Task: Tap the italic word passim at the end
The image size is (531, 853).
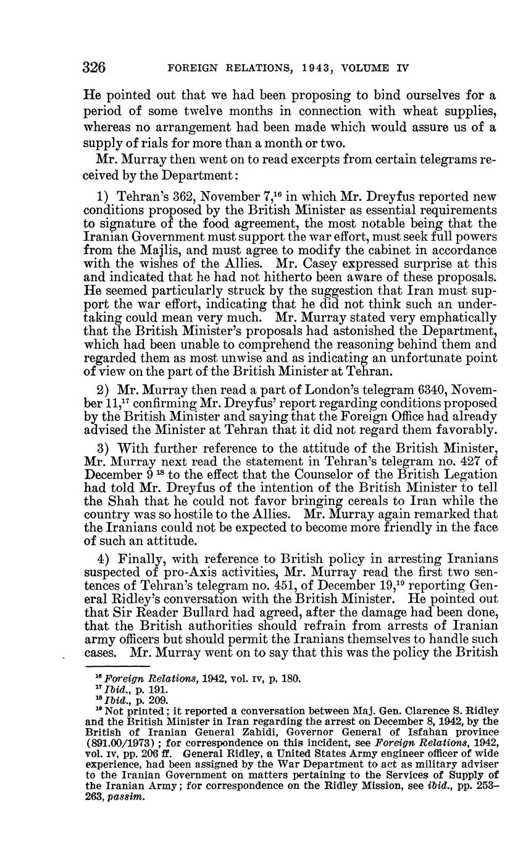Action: tap(125, 797)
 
